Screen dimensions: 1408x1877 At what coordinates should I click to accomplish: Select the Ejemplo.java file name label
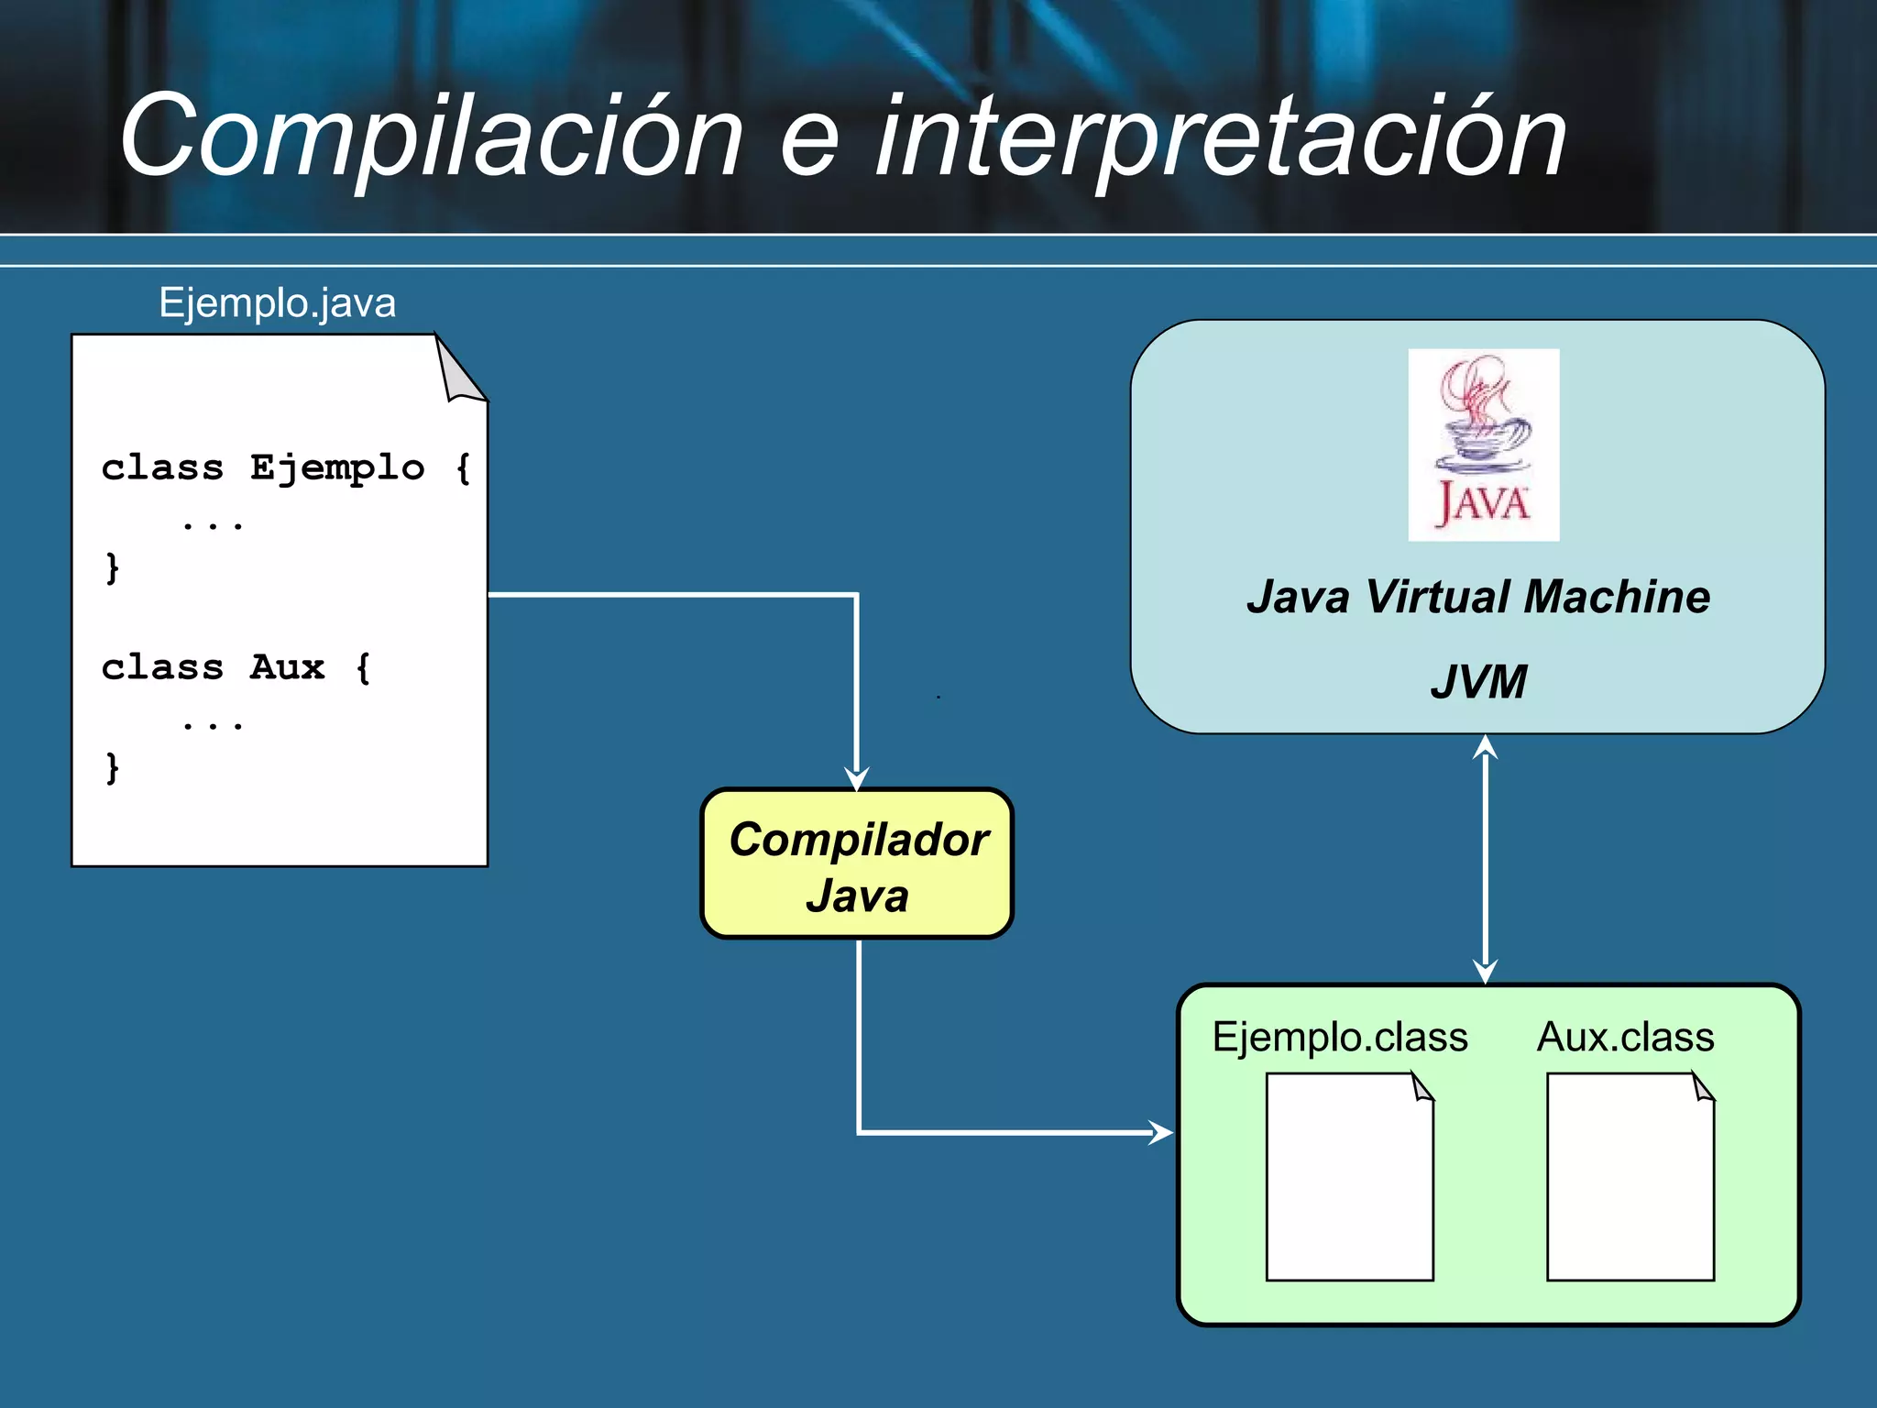[x=277, y=302]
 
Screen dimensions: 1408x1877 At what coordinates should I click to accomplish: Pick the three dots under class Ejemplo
[x=213, y=525]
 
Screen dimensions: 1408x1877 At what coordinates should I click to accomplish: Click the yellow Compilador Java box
[x=857, y=864]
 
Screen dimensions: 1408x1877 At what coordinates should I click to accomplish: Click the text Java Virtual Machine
[x=1477, y=597]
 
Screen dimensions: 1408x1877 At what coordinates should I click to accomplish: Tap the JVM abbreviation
[x=1477, y=682]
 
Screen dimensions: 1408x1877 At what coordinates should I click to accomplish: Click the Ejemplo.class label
[x=1339, y=1038]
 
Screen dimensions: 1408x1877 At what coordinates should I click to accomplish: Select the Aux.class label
[x=1625, y=1038]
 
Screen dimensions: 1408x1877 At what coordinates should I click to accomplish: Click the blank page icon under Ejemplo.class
[x=1348, y=1178]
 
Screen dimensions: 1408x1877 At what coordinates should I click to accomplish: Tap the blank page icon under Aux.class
[x=1630, y=1178]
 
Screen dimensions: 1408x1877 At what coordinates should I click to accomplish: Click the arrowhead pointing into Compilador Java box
[x=856, y=780]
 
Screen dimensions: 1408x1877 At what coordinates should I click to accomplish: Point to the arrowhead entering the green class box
[x=1162, y=1133]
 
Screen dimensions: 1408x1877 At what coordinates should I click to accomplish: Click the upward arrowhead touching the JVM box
[x=1485, y=746]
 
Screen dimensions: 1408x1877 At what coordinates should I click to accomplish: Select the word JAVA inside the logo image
[x=1482, y=504]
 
